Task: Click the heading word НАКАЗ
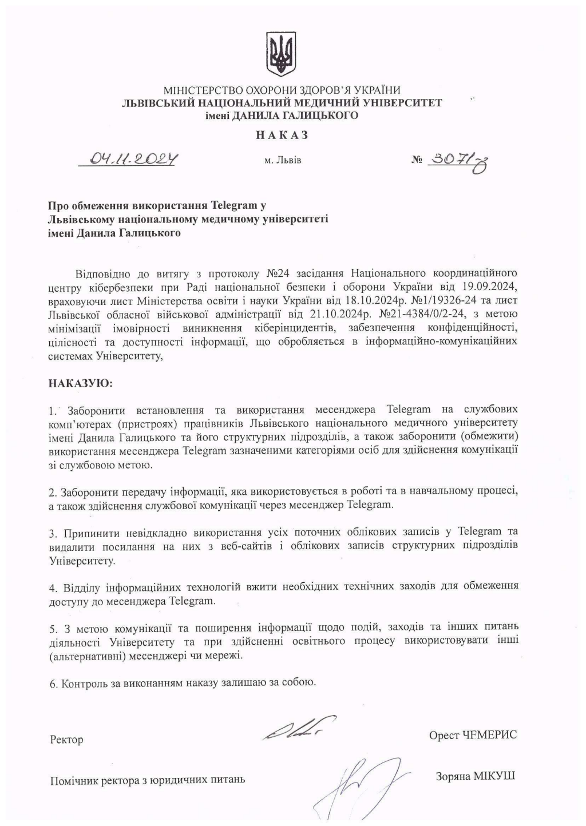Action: [282, 136]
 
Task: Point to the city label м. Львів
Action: [283, 160]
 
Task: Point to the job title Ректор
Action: [66, 740]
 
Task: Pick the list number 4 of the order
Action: [53, 588]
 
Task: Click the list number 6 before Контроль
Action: [53, 684]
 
